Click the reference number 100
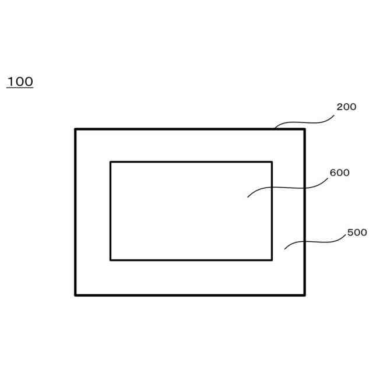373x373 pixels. (20, 82)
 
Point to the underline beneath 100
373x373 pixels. (20, 88)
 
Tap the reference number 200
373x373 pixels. (346, 107)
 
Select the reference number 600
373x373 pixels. (339, 173)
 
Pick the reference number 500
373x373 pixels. (357, 233)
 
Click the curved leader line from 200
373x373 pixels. (304, 122)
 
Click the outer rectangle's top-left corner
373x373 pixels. (76, 129)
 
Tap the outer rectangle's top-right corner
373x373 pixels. (304, 129)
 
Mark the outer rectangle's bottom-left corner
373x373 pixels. (76, 295)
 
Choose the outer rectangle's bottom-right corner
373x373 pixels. (304, 295)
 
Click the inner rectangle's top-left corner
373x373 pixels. (111, 162)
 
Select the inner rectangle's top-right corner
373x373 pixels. (272, 162)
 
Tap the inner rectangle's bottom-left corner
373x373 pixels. (111, 259)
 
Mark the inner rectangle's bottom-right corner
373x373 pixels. (272, 259)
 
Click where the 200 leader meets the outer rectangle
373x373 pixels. (275, 128)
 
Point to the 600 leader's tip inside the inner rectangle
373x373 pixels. (248, 197)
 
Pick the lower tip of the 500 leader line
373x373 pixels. (284, 249)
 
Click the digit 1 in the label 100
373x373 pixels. (10, 82)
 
